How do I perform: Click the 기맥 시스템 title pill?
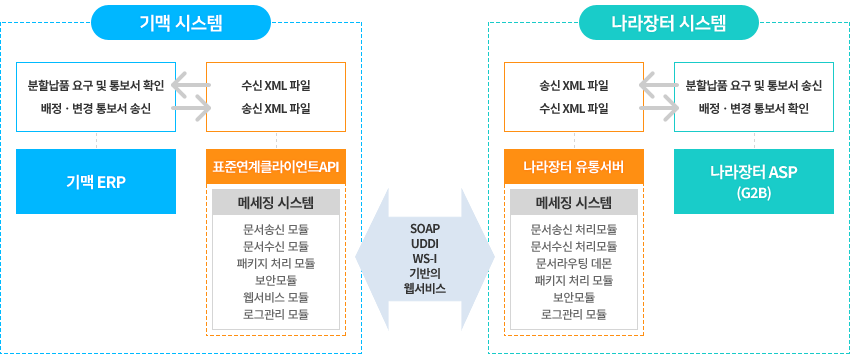[180, 21]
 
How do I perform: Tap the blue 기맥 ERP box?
[96, 181]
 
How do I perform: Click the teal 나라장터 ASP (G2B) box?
[753, 181]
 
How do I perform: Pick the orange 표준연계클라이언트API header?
[276, 166]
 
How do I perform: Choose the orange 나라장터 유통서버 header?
[574, 166]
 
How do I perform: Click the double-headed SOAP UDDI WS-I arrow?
[425, 257]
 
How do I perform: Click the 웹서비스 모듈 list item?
[276, 297]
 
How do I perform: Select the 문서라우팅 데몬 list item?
[574, 262]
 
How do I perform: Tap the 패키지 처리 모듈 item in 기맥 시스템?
[276, 263]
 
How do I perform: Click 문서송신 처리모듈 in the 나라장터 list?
[574, 228]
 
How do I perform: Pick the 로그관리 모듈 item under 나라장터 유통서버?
[574, 314]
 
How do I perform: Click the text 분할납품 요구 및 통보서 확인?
[96, 85]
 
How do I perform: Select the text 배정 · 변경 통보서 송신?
[96, 108]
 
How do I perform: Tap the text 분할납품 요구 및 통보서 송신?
[753, 85]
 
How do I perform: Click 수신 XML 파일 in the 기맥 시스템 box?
[276, 85]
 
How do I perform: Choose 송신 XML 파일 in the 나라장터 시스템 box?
[574, 85]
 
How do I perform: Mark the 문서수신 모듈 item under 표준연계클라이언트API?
[276, 246]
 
